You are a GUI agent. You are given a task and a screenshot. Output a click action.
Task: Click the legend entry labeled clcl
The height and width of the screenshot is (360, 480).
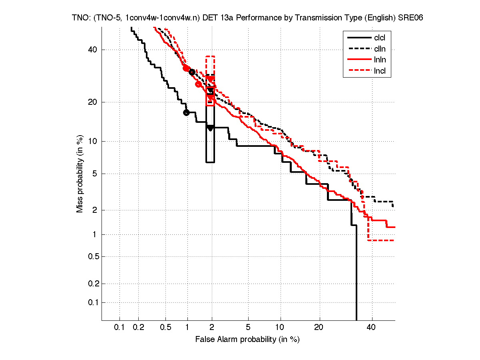(x=380, y=38)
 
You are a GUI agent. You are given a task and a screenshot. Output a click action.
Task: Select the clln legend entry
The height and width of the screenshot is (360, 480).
(x=380, y=49)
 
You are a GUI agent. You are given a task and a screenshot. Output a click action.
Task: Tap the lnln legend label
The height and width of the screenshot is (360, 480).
(x=380, y=60)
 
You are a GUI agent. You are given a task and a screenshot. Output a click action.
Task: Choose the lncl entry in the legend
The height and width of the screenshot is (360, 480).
(x=380, y=71)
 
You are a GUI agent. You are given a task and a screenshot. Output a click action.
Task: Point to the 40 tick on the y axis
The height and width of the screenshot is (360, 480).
(x=93, y=50)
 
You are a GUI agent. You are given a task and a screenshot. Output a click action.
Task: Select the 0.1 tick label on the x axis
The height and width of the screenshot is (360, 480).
(x=120, y=328)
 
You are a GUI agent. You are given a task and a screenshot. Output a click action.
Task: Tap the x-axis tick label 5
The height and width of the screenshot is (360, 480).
(x=248, y=328)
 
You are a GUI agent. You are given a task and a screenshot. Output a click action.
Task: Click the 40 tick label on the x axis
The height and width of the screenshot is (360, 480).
(x=371, y=328)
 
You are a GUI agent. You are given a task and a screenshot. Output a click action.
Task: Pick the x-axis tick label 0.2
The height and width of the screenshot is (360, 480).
(x=138, y=328)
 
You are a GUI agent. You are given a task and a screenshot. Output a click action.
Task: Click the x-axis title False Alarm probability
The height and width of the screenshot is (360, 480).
(x=247, y=340)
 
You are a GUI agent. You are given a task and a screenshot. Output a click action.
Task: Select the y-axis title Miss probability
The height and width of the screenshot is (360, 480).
(x=80, y=174)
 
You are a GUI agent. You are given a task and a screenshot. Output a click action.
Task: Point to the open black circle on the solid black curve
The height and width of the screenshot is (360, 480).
(x=186, y=112)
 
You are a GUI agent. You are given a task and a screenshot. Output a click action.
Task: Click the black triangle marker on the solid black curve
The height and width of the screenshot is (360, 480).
(x=210, y=128)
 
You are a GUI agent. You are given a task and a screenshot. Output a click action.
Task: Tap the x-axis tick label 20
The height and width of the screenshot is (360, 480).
(x=319, y=328)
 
